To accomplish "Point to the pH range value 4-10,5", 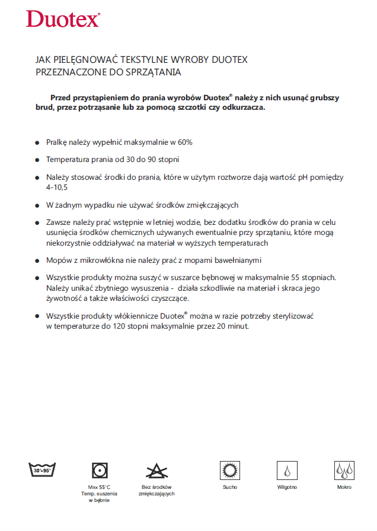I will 57,187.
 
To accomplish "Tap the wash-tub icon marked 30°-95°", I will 42,470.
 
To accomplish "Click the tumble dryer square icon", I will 100,470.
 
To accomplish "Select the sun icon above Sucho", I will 229,470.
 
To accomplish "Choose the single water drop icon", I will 287,470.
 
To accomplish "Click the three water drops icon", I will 344,470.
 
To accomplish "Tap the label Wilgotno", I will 287,487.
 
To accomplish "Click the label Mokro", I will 344,487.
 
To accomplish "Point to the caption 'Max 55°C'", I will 100,487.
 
